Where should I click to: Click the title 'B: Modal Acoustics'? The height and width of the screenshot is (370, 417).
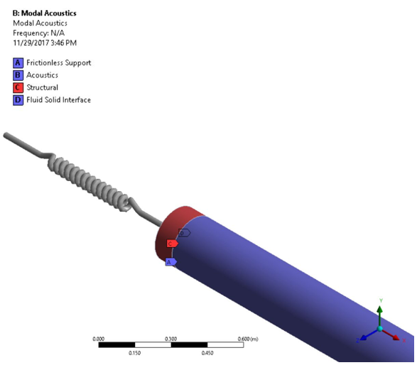click(x=44, y=13)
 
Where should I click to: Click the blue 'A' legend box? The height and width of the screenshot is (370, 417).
click(x=18, y=62)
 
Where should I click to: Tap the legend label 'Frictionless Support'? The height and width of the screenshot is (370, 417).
click(x=59, y=62)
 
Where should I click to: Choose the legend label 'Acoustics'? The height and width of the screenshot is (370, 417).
click(x=43, y=75)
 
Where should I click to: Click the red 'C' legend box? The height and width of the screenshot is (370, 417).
click(x=18, y=87)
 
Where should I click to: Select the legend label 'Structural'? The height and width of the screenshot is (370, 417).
click(x=43, y=87)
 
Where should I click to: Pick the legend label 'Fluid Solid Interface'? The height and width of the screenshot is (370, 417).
click(x=59, y=100)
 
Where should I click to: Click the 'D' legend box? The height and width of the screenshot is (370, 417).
click(x=18, y=100)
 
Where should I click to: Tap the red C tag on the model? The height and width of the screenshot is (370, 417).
click(x=171, y=244)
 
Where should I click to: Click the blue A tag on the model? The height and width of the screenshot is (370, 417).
click(x=170, y=261)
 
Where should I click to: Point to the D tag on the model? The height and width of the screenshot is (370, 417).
click(x=183, y=232)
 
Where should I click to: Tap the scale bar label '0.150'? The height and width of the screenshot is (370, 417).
click(x=134, y=353)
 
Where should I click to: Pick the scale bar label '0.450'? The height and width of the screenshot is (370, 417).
click(x=207, y=353)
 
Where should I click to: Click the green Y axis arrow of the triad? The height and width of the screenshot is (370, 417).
click(x=381, y=311)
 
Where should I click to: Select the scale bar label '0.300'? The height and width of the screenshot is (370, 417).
click(x=170, y=339)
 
